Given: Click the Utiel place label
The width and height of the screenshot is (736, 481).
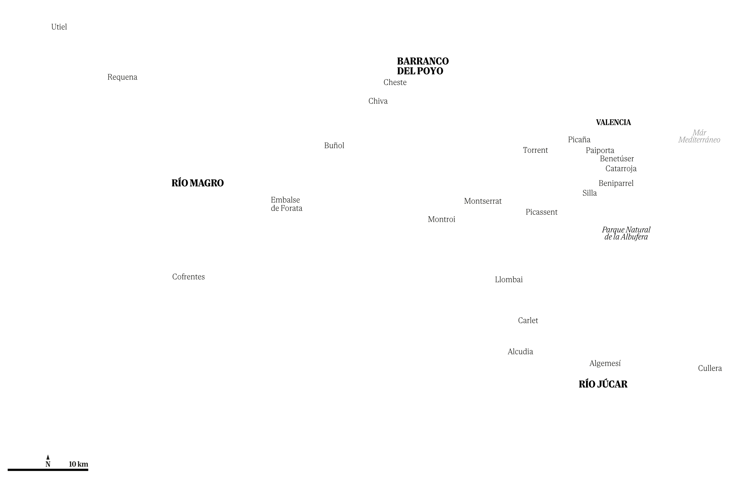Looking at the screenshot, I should pyautogui.click(x=59, y=27).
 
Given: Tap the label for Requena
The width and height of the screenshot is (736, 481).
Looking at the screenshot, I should pyautogui.click(x=122, y=77).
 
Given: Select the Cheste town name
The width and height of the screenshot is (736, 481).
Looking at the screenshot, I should pyautogui.click(x=395, y=82).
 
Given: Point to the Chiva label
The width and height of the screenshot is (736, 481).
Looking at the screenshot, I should pyautogui.click(x=378, y=101).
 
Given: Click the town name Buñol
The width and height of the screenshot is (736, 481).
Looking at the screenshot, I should pyautogui.click(x=334, y=145).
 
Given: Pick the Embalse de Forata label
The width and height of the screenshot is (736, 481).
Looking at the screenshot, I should pyautogui.click(x=286, y=204).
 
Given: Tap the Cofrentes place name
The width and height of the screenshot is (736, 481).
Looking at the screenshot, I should pyautogui.click(x=188, y=276).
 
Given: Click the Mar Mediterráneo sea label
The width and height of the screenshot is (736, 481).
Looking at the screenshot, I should pyautogui.click(x=699, y=137).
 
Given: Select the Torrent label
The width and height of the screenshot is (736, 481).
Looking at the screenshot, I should pyautogui.click(x=535, y=150).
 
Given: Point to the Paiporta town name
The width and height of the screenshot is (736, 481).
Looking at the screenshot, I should pyautogui.click(x=600, y=151).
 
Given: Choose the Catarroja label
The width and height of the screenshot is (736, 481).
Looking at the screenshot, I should pyautogui.click(x=621, y=169).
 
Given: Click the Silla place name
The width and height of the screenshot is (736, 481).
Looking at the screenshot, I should pyautogui.click(x=589, y=193).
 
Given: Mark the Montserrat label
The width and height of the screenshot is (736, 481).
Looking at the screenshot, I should pyautogui.click(x=483, y=201).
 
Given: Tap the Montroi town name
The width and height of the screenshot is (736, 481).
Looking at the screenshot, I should pyautogui.click(x=441, y=220).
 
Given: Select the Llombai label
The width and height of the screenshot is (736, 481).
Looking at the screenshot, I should pyautogui.click(x=509, y=280).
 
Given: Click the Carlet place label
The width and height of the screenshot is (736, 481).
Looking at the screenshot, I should pyautogui.click(x=528, y=321).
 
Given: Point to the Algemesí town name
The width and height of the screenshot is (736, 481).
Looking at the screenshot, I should pyautogui.click(x=605, y=364).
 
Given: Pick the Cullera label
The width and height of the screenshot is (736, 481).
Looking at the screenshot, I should pyautogui.click(x=710, y=368).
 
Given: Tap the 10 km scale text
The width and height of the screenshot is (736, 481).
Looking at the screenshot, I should pyautogui.click(x=79, y=464).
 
